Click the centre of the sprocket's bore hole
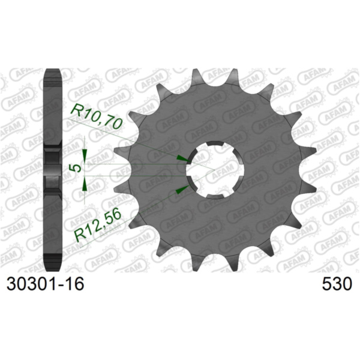pyautogui.click(x=215, y=169)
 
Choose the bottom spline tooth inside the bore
pyautogui.click(x=215, y=193)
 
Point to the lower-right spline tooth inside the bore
pyautogui.click(x=235, y=181)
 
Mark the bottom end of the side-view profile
pyautogui.click(x=53, y=265)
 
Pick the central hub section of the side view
pyautogui.click(x=53, y=169)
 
